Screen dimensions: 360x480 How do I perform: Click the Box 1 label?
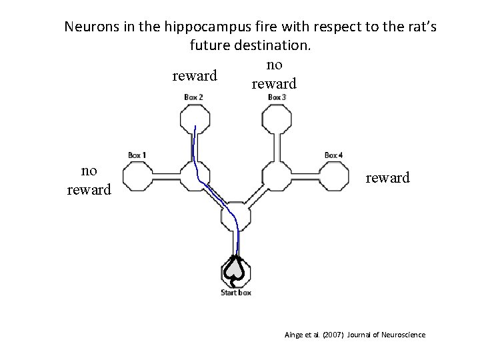[137, 155]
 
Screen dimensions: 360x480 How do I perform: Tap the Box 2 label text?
[194, 97]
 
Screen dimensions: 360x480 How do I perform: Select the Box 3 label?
[277, 97]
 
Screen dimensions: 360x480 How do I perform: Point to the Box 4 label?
[334, 155]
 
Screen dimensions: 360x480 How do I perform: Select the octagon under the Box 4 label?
[334, 177]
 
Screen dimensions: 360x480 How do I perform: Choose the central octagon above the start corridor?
[236, 215]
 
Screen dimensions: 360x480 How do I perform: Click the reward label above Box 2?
[195, 75]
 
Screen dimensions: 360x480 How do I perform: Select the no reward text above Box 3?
[274, 74]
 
